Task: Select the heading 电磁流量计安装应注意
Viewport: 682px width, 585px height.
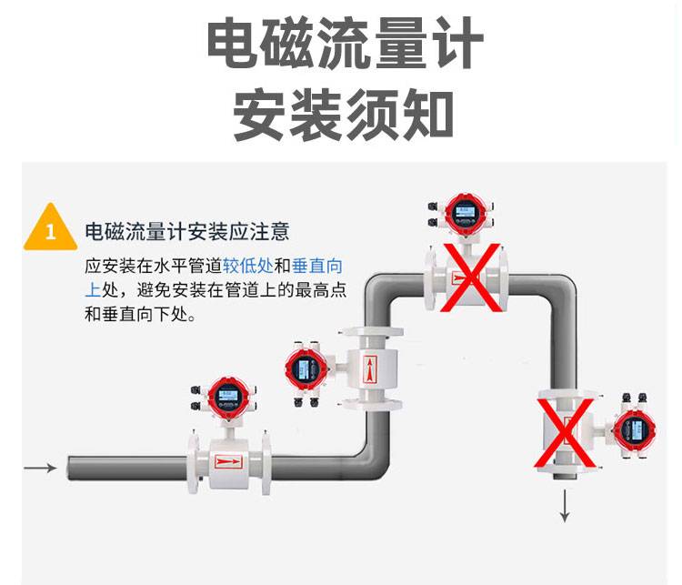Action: pyautogui.click(x=186, y=231)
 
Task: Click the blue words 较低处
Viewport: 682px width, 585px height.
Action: pyautogui.click(x=247, y=267)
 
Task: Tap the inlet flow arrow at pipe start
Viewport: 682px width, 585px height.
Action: pyautogui.click(x=40, y=468)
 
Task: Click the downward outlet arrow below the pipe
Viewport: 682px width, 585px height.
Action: pyautogui.click(x=565, y=506)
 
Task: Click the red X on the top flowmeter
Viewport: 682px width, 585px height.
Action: pyautogui.click(x=470, y=277)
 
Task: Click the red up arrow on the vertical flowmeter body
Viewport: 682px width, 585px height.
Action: pyautogui.click(x=369, y=369)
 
